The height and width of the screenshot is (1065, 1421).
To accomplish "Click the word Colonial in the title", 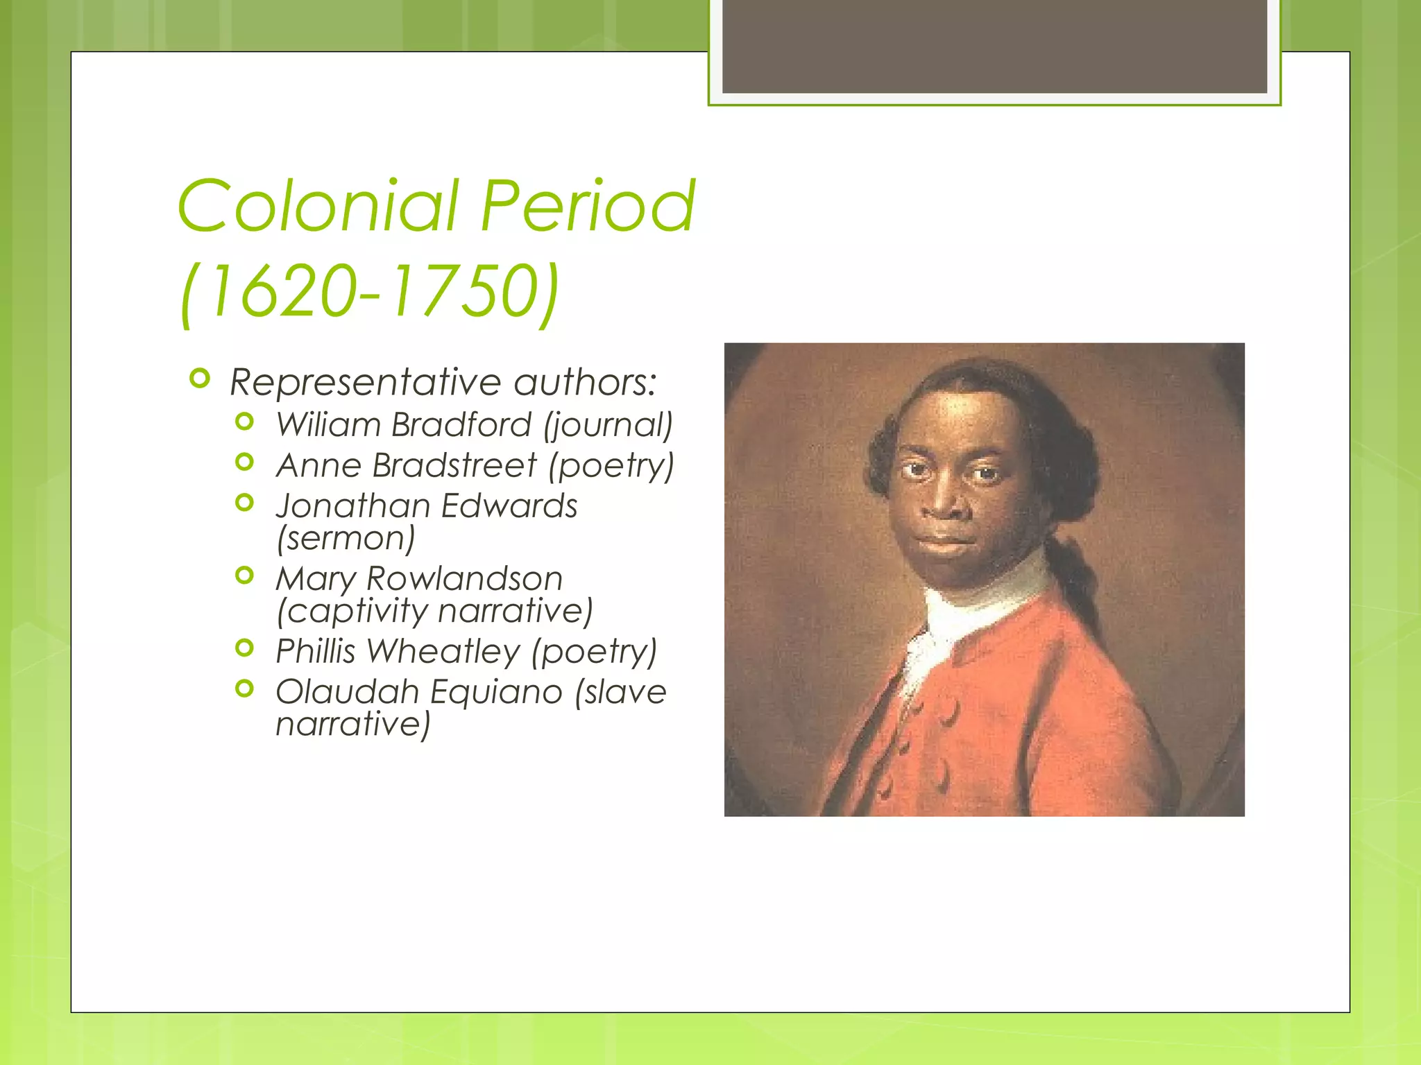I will [x=318, y=206].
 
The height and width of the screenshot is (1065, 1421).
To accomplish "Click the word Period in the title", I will [x=588, y=206].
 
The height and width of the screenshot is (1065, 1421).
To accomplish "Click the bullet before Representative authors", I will [x=199, y=379].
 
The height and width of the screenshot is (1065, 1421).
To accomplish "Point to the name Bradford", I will [x=461, y=424].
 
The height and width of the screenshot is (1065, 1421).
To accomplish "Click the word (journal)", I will [x=609, y=425].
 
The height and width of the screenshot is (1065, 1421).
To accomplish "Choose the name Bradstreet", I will [x=454, y=465].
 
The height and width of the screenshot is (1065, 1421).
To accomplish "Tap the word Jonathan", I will [x=353, y=506].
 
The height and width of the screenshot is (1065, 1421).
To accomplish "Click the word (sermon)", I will [x=346, y=539].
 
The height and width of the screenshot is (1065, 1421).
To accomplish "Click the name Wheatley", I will [x=443, y=651].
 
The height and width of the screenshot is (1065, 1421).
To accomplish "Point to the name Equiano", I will [x=496, y=692].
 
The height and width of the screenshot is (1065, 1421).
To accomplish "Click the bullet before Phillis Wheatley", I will [x=244, y=648].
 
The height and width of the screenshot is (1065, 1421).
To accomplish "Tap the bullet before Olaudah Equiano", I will [x=244, y=689].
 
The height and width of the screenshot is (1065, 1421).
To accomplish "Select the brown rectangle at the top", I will [x=994, y=46].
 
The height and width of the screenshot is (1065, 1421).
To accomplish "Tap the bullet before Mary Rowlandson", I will [x=244, y=575].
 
